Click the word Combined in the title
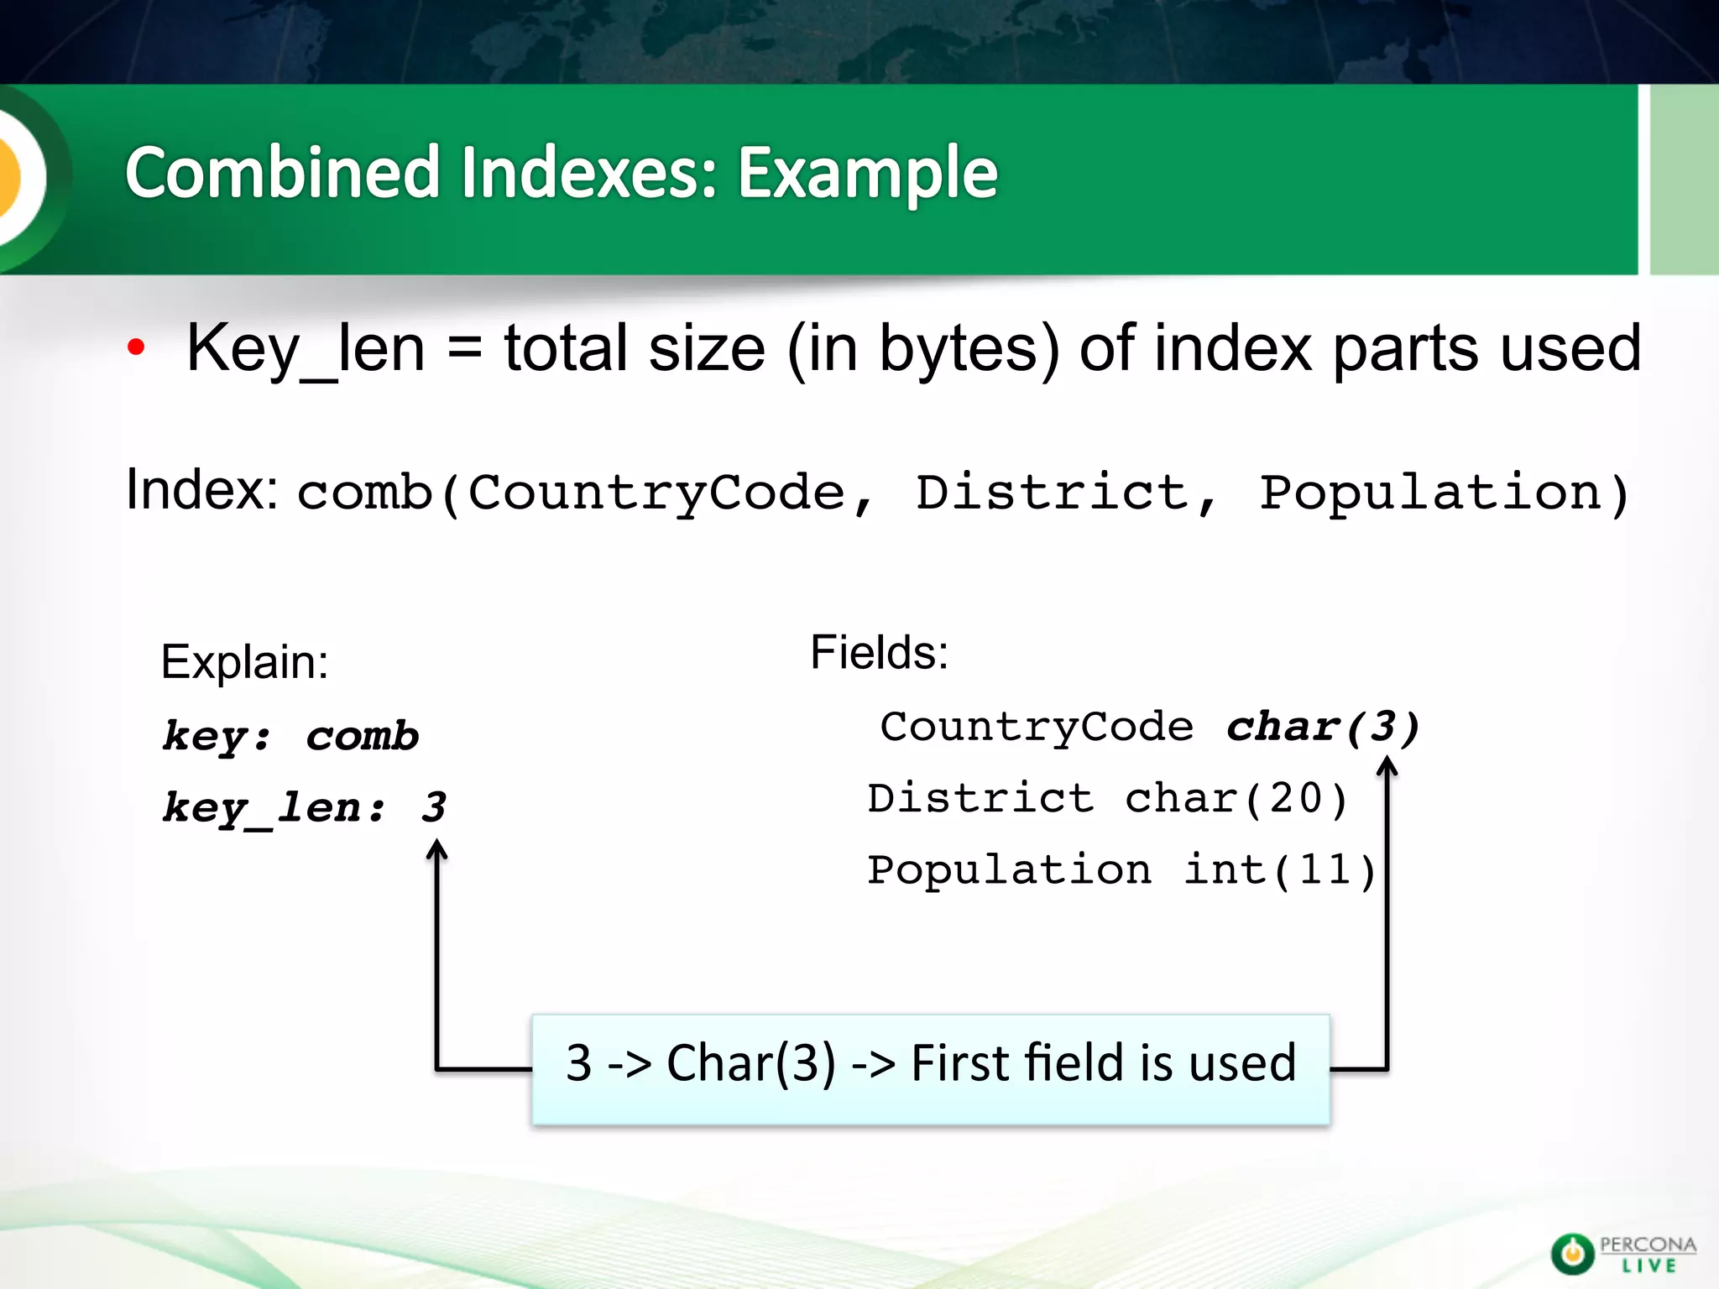pyautogui.click(x=283, y=173)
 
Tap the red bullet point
pyautogui.click(x=136, y=347)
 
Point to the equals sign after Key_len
pyautogui.click(x=464, y=348)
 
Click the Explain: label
pyautogui.click(x=244, y=661)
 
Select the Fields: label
pyautogui.click(x=879, y=652)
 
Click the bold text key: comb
pyautogui.click(x=290, y=736)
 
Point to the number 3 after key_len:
pyautogui.click(x=434, y=807)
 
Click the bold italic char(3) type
pyautogui.click(x=1323, y=726)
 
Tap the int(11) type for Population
pyautogui.click(x=1279, y=869)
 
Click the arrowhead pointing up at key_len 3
pyautogui.click(x=436, y=851)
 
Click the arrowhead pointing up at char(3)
pyautogui.click(x=1387, y=765)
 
